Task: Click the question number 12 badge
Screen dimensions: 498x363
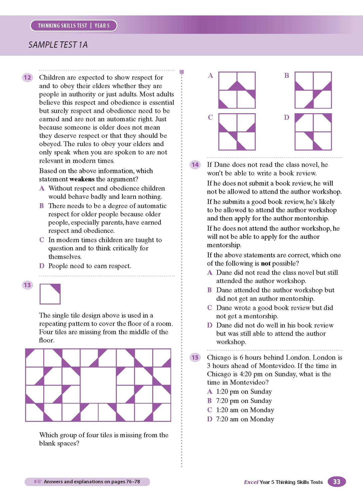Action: click(x=27, y=77)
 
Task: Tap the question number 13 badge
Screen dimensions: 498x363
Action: click(x=27, y=285)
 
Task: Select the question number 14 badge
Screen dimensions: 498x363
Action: click(x=195, y=165)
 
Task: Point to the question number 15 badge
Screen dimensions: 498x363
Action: click(x=195, y=357)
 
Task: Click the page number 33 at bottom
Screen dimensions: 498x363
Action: click(x=337, y=482)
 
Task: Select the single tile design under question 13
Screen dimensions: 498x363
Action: click(x=50, y=294)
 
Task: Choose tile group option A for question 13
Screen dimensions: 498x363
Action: click(x=237, y=90)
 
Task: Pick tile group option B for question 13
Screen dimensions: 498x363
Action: click(x=313, y=90)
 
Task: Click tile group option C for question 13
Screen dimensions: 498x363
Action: click(x=237, y=132)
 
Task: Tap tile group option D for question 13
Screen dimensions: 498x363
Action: click(x=313, y=132)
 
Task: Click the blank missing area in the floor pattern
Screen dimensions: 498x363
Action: click(x=98, y=385)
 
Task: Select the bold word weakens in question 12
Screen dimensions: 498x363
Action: click(x=82, y=179)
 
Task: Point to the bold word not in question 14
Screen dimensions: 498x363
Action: click(x=266, y=264)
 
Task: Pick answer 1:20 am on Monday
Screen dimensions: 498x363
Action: click(x=245, y=410)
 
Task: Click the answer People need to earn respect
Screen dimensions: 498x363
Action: click(x=90, y=266)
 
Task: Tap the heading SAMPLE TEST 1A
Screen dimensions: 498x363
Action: click(x=58, y=45)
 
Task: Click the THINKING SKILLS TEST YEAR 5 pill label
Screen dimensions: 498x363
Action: click(x=74, y=26)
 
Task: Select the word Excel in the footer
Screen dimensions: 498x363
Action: click(x=251, y=482)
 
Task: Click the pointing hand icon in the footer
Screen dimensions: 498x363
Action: click(x=38, y=481)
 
